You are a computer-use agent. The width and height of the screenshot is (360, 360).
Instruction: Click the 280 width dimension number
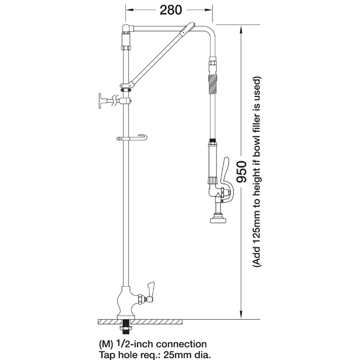pyautogui.click(x=171, y=10)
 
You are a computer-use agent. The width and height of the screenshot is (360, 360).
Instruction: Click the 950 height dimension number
pyautogui.click(x=242, y=172)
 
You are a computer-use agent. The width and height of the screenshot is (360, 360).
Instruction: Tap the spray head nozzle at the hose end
pyautogui.click(x=218, y=218)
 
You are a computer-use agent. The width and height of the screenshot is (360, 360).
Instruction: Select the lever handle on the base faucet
pyautogui.click(x=151, y=290)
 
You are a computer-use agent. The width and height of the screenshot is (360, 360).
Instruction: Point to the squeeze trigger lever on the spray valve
pyautogui.click(x=227, y=179)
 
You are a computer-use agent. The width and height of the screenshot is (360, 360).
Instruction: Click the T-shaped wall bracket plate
pyautogui.click(x=101, y=101)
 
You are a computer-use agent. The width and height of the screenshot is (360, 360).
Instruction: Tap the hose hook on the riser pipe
pyautogui.click(x=132, y=138)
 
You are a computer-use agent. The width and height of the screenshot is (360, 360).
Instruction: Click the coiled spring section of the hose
pyautogui.click(x=213, y=84)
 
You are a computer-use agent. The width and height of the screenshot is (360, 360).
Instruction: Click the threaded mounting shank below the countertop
pyautogui.click(x=126, y=327)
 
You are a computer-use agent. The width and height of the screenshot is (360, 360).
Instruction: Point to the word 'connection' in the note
pyautogui.click(x=181, y=344)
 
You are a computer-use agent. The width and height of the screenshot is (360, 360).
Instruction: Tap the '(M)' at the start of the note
pyautogui.click(x=106, y=344)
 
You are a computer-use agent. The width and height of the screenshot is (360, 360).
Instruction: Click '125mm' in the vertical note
pyautogui.click(x=257, y=220)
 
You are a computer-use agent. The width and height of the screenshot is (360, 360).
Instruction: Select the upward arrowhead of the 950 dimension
pyautogui.click(x=241, y=31)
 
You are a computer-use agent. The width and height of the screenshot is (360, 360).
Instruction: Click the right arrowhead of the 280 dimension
pyautogui.click(x=208, y=10)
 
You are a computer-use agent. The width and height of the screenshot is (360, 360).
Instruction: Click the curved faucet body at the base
pyautogui.click(x=126, y=302)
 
